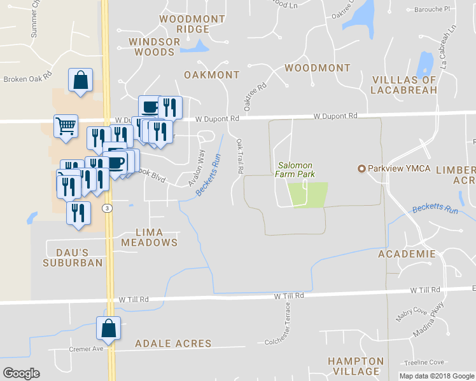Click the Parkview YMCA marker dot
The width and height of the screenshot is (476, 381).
362,168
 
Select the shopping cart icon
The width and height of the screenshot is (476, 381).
66,126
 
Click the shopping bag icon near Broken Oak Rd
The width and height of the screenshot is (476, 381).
81,81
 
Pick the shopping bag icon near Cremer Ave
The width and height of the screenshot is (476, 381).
108,328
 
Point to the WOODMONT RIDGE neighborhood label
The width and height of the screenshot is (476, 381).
184,24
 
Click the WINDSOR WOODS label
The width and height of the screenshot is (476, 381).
155,46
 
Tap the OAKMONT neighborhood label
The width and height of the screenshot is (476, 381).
211,75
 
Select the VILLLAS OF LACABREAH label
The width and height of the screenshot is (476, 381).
403,85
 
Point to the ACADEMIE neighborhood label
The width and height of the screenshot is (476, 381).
407,254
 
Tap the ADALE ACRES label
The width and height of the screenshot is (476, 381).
173,344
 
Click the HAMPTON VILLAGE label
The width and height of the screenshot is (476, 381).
356,366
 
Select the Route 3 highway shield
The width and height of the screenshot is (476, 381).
108,208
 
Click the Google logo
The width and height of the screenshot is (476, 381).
21,373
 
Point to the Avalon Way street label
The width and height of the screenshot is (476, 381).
197,168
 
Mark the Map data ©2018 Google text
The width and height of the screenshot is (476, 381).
436,376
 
